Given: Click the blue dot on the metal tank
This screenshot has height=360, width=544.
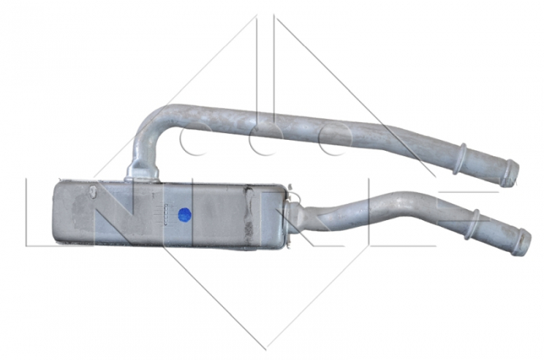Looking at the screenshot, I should pos(184,215).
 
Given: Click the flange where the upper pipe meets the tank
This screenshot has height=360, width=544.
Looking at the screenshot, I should pos(143,173).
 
